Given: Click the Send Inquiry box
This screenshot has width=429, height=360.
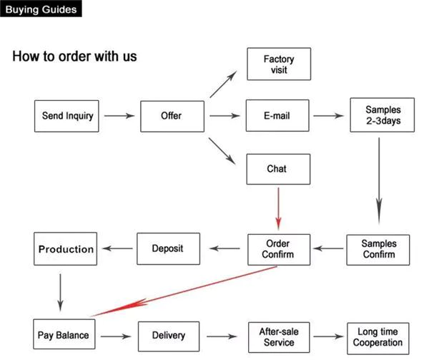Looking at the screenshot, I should click(68, 115).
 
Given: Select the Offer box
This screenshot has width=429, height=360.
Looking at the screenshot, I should click(172, 115).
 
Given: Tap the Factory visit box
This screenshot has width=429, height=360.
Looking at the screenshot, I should click(278, 64).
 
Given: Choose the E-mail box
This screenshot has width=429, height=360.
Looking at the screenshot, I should click(278, 115).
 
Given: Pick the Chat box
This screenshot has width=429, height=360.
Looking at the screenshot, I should click(277, 169).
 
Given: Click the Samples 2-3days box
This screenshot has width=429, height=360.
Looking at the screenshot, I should click(379, 115).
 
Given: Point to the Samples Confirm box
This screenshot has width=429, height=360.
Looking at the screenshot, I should click(378, 249).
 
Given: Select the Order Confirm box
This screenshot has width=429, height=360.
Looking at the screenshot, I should click(278, 249).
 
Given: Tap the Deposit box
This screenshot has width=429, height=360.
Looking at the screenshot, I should click(167, 248).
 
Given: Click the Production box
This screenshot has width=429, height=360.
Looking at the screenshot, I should click(66, 249).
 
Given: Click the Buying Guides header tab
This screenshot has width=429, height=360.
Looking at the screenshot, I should click(41, 9).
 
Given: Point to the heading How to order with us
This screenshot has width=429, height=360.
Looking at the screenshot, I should click(74, 56).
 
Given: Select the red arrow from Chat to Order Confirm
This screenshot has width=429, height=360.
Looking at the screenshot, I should click(278, 208).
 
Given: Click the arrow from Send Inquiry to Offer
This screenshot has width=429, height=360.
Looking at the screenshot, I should click(119, 115).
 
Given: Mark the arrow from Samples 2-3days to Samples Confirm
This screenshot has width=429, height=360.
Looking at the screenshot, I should click(379, 178).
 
